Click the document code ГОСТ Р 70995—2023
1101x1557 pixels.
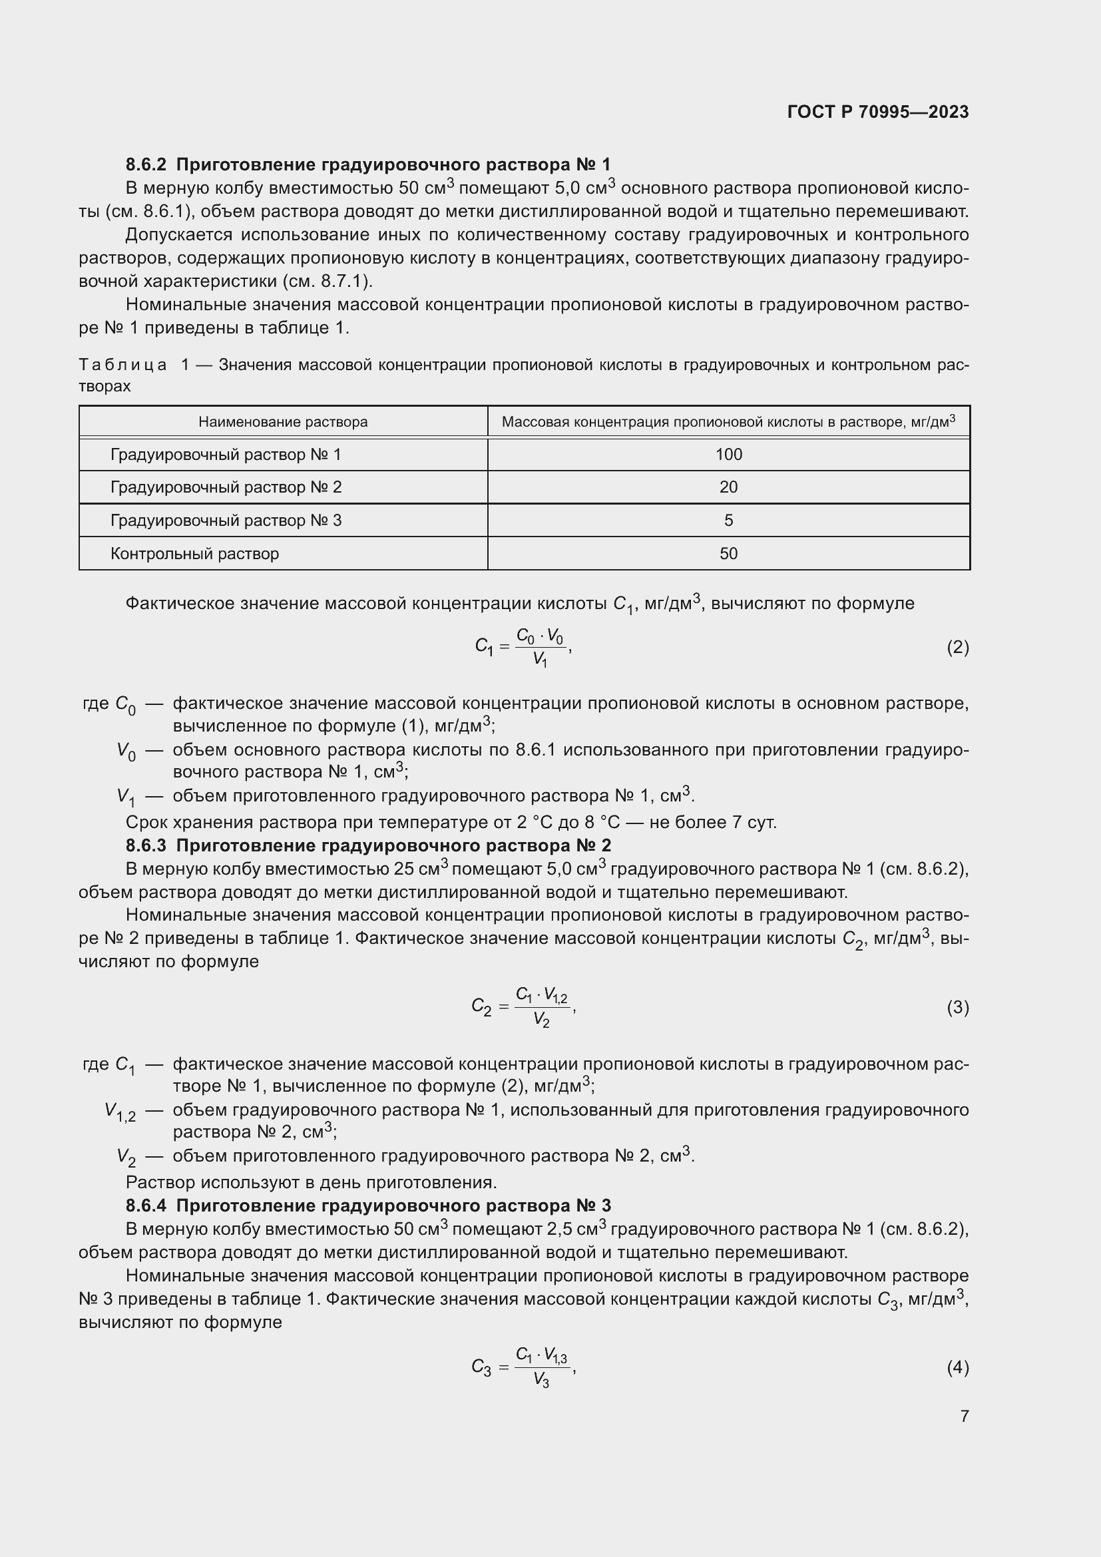878,112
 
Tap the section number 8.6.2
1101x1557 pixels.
146,165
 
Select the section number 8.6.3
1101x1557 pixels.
146,845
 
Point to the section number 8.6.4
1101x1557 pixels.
146,1206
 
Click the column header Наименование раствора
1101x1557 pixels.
283,422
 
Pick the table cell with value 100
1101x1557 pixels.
729,455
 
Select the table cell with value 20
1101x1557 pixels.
729,487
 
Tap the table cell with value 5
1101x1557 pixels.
729,520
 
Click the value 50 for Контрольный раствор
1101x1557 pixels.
729,553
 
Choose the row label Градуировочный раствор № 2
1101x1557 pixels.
226,487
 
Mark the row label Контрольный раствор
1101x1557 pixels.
194,553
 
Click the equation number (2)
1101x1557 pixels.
957,648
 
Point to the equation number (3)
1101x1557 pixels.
957,1008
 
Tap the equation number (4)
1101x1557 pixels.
957,1368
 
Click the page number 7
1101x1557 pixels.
964,1416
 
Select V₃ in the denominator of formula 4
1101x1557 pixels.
541,1379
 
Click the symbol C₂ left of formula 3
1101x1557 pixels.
481,1008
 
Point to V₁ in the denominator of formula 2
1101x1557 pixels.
541,659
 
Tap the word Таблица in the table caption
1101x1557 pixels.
122,365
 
